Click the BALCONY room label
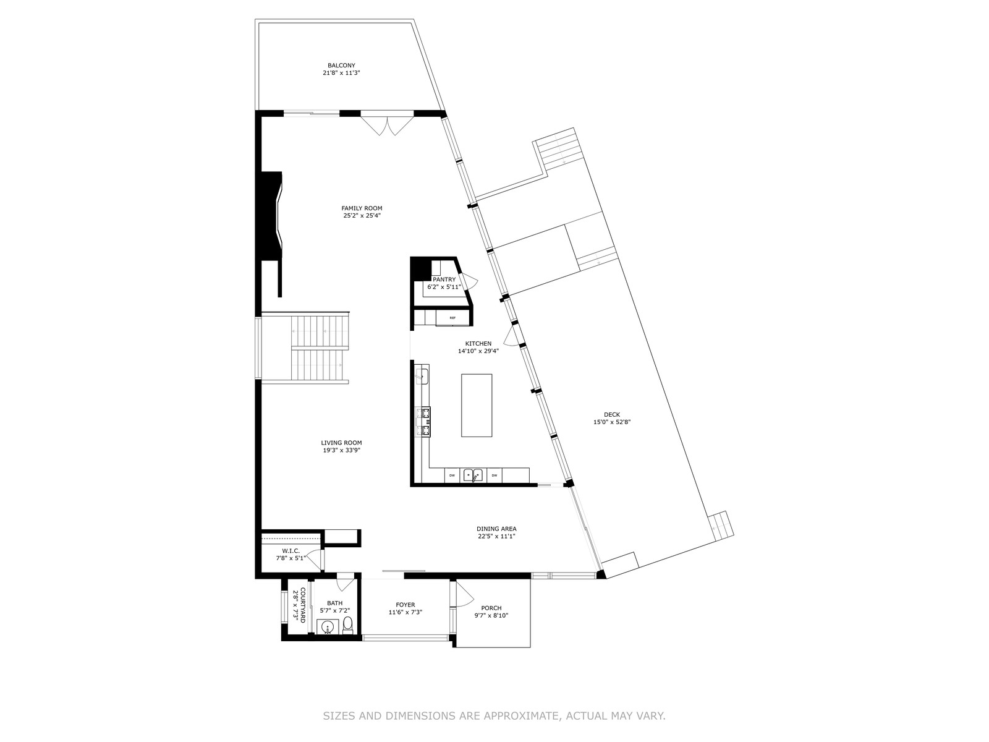(341, 66)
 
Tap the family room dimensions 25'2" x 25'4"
(362, 215)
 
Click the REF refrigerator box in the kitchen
(452, 318)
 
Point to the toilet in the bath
(347, 625)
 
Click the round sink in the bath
(328, 626)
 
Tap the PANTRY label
(444, 279)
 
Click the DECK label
(612, 414)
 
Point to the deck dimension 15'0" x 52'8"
(612, 422)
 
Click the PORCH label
(491, 608)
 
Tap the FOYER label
(405, 605)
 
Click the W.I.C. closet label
(291, 550)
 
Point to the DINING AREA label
(496, 529)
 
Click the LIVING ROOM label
(342, 442)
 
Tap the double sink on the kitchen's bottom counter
(473, 475)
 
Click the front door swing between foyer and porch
(465, 594)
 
